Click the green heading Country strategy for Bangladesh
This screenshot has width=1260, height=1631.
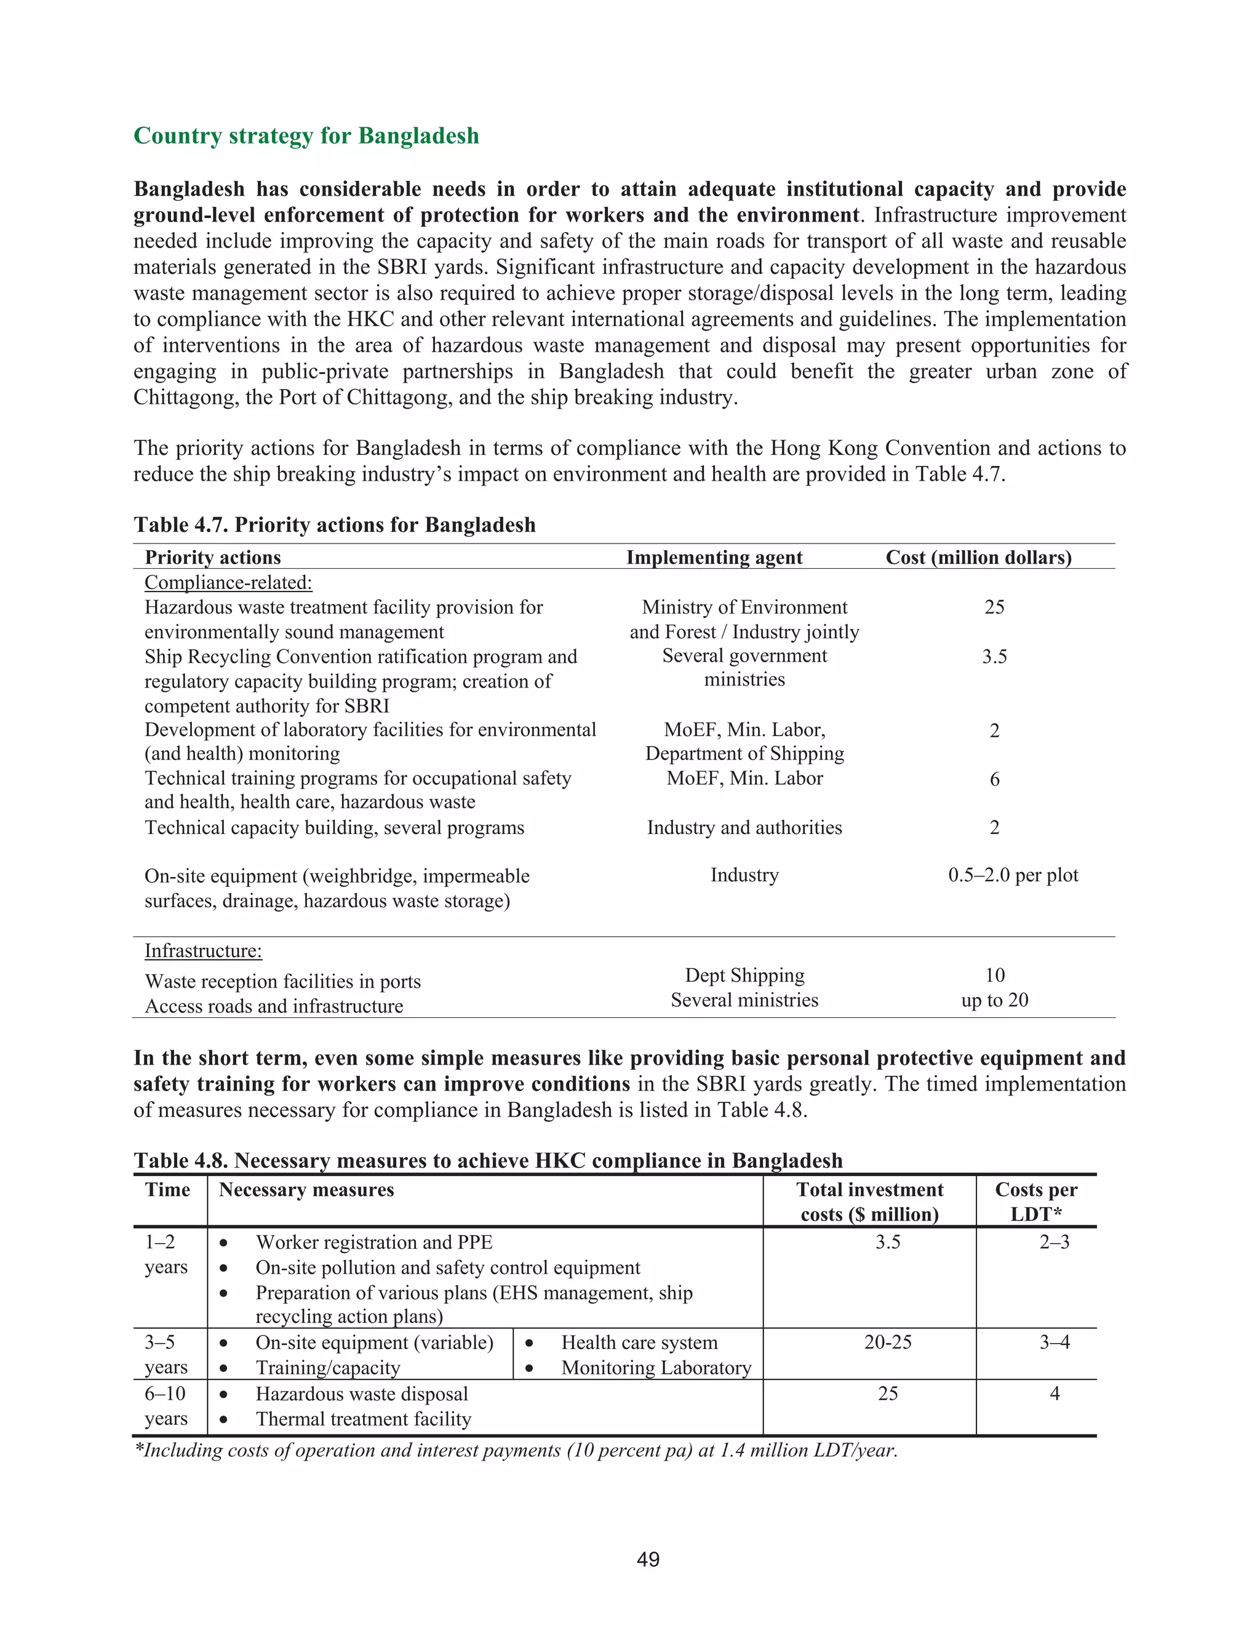click(306, 136)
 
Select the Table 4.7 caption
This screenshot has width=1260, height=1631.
click(335, 524)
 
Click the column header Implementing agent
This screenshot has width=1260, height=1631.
click(714, 557)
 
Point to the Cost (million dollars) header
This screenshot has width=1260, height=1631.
click(978, 557)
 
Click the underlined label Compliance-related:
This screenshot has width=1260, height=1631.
click(228, 582)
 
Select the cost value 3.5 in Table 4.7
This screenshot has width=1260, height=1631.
click(994, 657)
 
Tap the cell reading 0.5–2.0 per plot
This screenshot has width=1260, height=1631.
click(1013, 875)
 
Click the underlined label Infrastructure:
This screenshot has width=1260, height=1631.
click(203, 951)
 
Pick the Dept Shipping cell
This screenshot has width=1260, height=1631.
click(744, 976)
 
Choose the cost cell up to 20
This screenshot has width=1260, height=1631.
click(994, 1000)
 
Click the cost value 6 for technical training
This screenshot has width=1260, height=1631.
click(994, 779)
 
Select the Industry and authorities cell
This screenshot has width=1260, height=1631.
click(744, 827)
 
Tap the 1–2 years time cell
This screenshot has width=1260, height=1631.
click(165, 1254)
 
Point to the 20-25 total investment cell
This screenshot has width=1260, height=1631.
click(888, 1342)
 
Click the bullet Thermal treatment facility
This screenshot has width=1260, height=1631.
click(363, 1419)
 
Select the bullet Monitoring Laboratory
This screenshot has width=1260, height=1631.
click(655, 1368)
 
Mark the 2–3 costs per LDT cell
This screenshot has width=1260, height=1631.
click(1054, 1242)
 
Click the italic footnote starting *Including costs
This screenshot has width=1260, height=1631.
click(515, 1450)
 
